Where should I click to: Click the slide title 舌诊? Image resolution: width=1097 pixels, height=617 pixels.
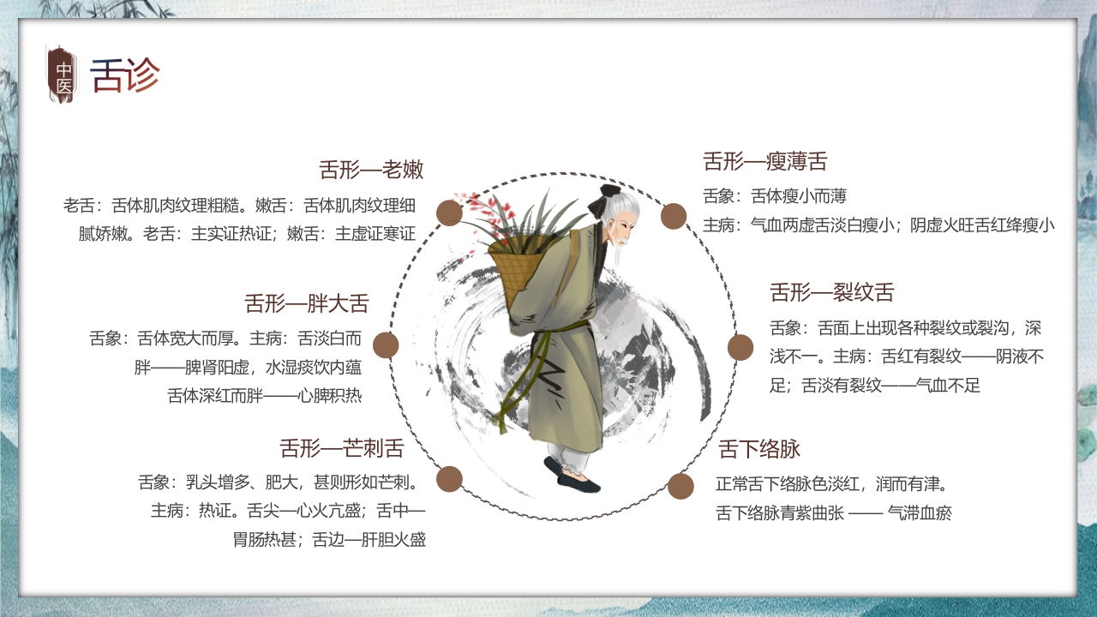125,75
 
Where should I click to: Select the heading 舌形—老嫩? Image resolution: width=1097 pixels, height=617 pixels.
371,169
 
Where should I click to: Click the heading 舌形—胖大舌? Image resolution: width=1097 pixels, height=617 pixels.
306,303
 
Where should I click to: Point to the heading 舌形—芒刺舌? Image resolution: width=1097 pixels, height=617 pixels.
341,448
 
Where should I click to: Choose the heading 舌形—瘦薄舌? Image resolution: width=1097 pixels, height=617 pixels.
764,161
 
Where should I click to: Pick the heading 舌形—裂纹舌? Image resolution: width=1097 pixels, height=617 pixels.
831,292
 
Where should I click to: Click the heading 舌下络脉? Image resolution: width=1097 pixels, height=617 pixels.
759,449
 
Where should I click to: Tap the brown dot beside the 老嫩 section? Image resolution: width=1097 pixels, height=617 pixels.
449,213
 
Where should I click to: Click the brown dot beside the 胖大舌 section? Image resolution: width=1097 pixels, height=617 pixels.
386,345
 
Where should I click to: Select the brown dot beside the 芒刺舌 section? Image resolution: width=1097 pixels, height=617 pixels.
449,479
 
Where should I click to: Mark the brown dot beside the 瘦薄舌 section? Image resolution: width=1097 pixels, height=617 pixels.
674,216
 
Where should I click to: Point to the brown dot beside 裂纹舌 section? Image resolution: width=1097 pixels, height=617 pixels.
740,347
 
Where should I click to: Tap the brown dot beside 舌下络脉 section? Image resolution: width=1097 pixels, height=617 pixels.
680,486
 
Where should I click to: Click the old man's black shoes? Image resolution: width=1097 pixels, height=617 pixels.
574,476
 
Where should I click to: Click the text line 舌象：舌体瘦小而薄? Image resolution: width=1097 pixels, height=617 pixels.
775,196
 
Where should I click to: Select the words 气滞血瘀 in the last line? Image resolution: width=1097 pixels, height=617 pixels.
920,513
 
